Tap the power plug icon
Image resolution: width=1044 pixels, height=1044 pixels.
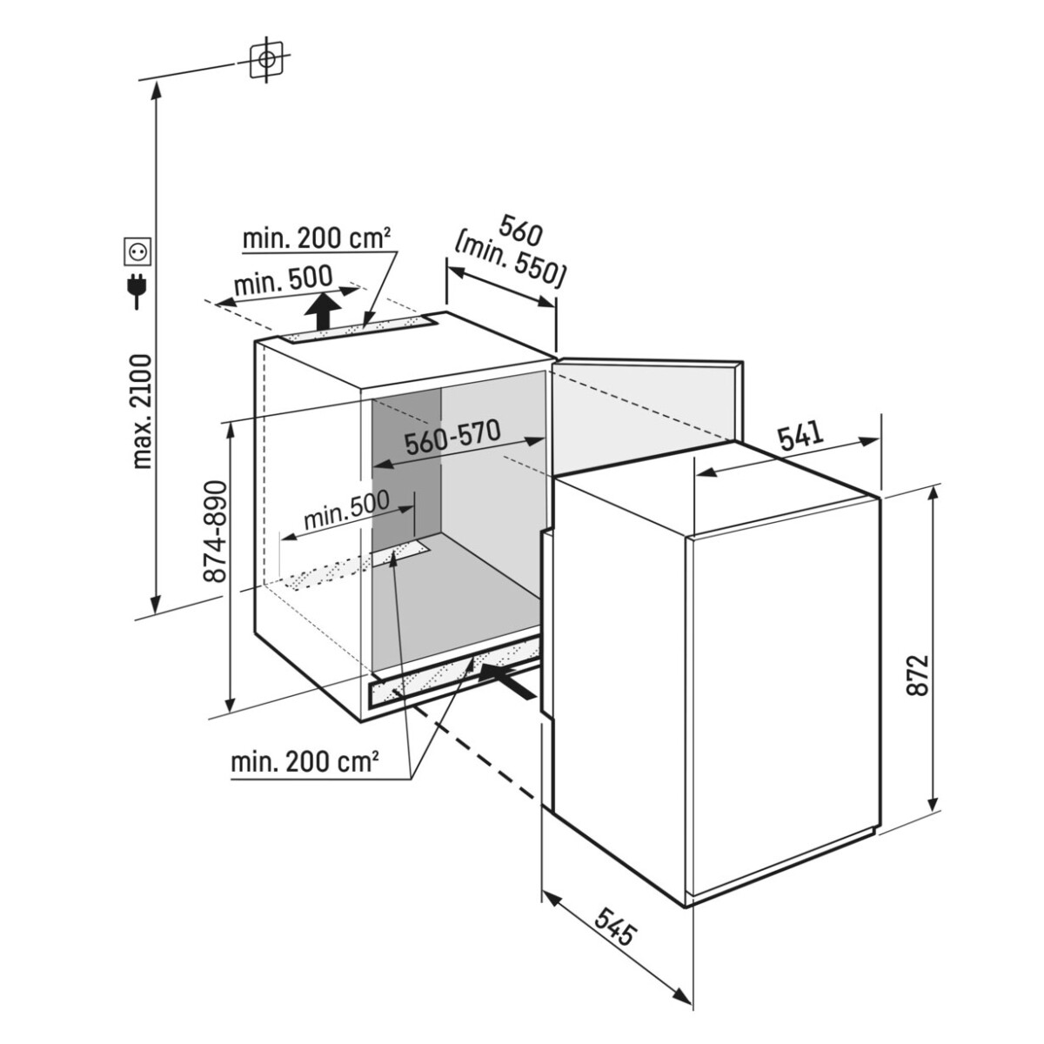(x=137, y=291)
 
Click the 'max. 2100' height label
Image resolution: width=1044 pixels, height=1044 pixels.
(x=142, y=412)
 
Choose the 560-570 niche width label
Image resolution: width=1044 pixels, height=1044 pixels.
(x=452, y=438)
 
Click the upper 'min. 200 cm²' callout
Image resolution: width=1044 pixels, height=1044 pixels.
(x=317, y=238)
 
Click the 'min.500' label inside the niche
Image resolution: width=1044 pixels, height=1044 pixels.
(x=347, y=511)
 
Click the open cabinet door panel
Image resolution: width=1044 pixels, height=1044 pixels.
(x=645, y=412)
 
